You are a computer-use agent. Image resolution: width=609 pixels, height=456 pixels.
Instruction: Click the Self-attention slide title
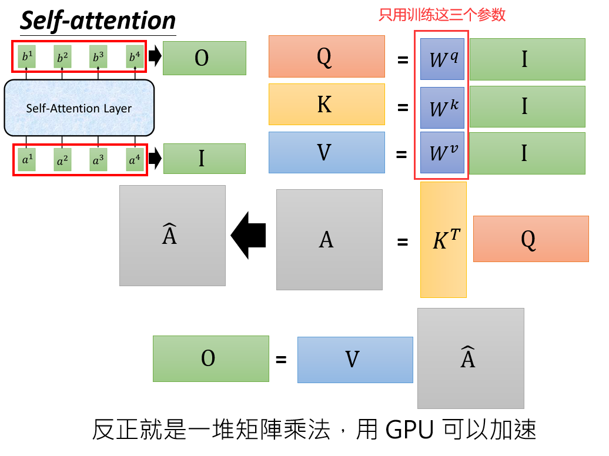click(x=98, y=21)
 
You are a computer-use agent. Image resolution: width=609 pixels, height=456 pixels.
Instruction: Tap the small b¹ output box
click(x=26, y=58)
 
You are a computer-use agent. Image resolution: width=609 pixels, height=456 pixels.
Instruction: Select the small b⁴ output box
click(x=135, y=58)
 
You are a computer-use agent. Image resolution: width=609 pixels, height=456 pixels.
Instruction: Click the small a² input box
click(x=62, y=159)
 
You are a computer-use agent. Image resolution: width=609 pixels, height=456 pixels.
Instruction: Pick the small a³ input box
click(x=99, y=159)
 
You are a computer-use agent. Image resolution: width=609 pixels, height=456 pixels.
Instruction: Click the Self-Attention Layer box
click(x=79, y=108)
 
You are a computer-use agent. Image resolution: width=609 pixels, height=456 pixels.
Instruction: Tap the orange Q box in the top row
click(x=326, y=56)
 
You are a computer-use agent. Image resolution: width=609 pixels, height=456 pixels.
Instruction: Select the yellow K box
click(x=326, y=104)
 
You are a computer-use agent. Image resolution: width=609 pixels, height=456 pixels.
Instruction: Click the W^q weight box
click(x=442, y=59)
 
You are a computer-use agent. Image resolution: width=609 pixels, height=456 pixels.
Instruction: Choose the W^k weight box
click(x=442, y=108)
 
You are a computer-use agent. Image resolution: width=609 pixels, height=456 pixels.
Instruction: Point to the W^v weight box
click(x=442, y=153)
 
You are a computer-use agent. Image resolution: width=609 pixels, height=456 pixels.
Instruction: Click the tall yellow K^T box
click(x=443, y=240)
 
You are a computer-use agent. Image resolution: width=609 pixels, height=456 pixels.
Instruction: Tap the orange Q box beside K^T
click(x=530, y=239)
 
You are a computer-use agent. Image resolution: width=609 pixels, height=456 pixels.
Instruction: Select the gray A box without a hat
click(x=329, y=239)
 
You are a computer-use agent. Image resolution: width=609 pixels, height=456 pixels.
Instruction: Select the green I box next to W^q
click(x=527, y=59)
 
